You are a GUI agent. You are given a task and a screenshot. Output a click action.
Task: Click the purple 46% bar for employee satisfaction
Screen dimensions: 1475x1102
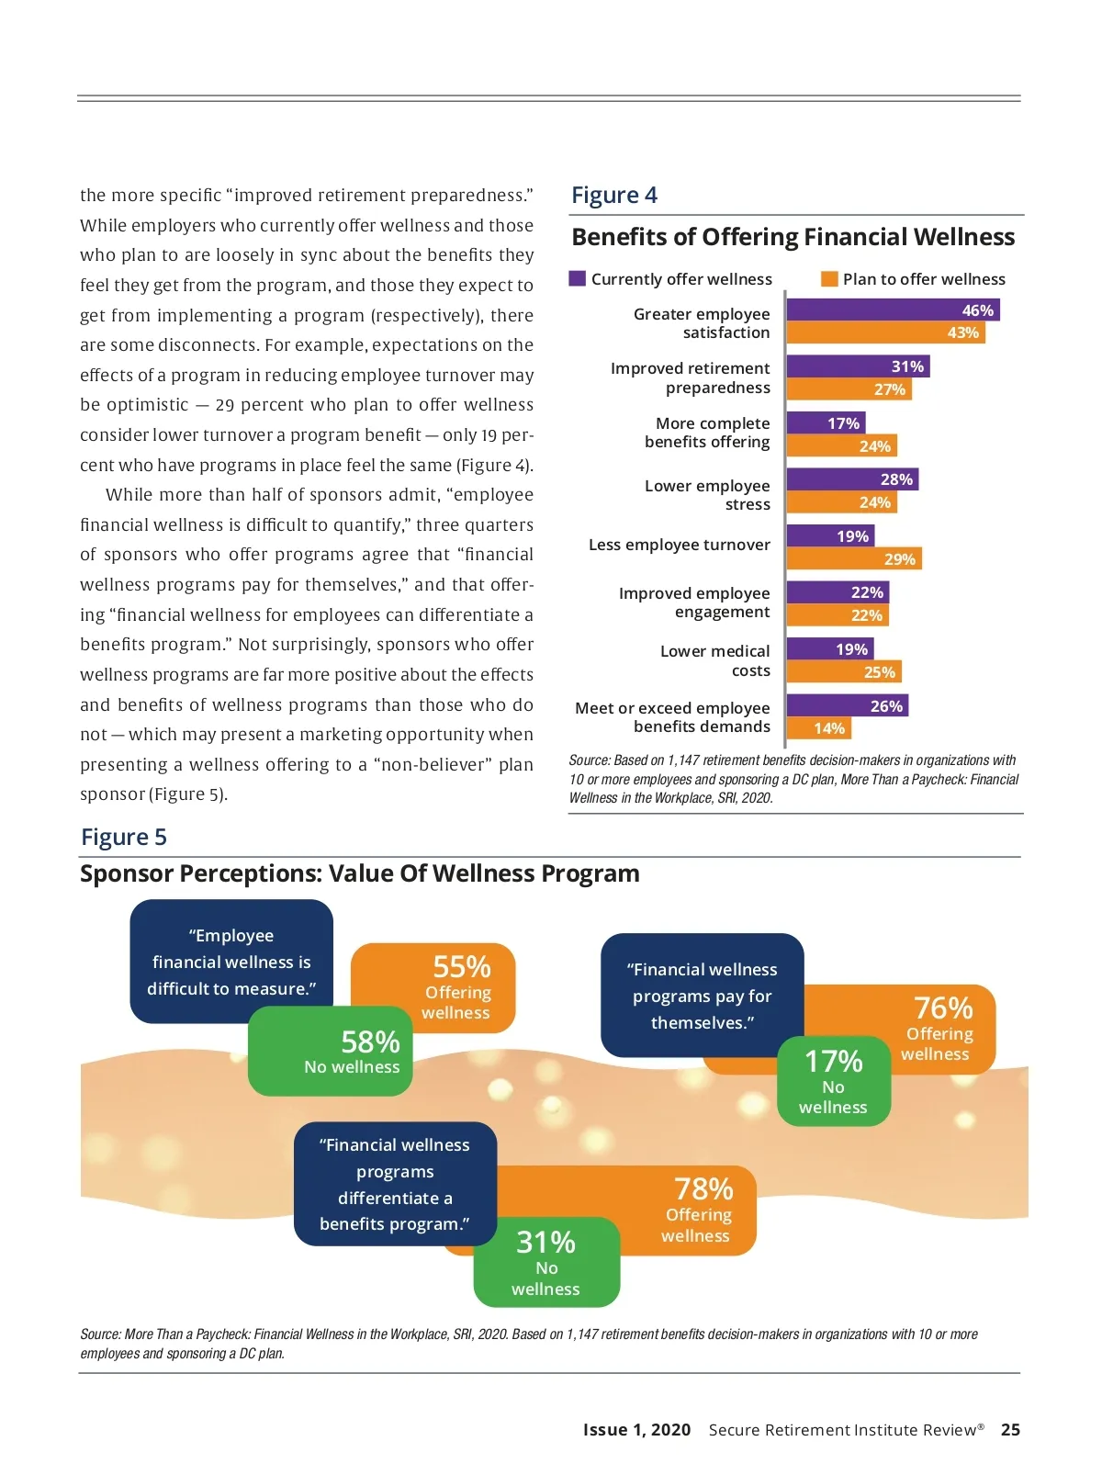(x=892, y=310)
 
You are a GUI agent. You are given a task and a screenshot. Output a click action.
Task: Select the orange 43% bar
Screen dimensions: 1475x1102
(x=884, y=332)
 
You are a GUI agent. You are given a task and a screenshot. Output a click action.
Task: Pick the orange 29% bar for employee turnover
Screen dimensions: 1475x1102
(x=853, y=558)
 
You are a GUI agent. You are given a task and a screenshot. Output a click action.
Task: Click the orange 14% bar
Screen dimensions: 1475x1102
(x=818, y=728)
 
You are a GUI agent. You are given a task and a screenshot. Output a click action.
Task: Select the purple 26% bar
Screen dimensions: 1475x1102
(x=847, y=705)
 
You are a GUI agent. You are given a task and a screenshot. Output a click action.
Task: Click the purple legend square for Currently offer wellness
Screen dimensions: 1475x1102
(x=578, y=278)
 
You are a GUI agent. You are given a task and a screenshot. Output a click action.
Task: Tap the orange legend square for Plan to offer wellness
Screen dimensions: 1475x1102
(x=829, y=278)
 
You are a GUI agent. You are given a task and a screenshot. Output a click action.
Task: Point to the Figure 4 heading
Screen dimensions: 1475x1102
(x=614, y=195)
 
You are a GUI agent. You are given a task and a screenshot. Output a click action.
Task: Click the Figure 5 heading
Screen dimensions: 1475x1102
(x=124, y=837)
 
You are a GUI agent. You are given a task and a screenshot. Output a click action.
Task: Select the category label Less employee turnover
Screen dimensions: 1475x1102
(x=679, y=545)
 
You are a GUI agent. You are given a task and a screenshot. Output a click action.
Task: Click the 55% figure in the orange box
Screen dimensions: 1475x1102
(x=462, y=967)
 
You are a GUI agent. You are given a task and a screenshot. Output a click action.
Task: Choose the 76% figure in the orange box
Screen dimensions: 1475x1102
(x=943, y=1008)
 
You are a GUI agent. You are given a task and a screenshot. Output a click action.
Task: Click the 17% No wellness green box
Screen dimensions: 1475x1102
(x=834, y=1081)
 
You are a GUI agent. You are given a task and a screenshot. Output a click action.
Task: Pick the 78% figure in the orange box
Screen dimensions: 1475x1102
(x=703, y=1189)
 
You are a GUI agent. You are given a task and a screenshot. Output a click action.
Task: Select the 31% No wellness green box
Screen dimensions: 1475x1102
(x=546, y=1262)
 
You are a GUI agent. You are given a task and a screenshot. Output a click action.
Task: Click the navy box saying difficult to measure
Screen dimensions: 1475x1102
(x=231, y=961)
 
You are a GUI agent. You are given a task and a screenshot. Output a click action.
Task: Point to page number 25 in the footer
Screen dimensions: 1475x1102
(x=1010, y=1429)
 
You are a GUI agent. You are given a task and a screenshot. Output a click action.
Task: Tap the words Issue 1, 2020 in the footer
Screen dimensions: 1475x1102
(x=636, y=1429)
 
